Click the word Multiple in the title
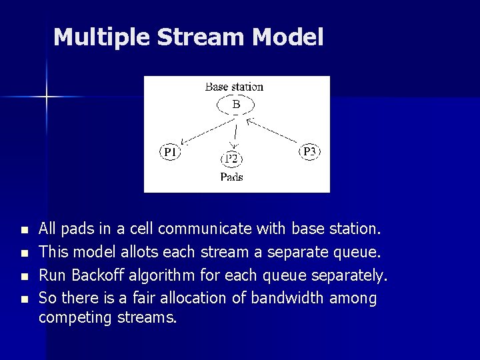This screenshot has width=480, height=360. (101, 37)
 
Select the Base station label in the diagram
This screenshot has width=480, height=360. (234, 87)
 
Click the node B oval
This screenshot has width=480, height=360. (235, 105)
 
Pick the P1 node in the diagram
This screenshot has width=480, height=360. (170, 153)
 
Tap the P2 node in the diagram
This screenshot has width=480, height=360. (231, 159)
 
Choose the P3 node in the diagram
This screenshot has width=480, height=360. (310, 151)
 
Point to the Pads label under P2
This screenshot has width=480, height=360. (231, 177)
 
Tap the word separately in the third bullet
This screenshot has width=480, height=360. (353, 275)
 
